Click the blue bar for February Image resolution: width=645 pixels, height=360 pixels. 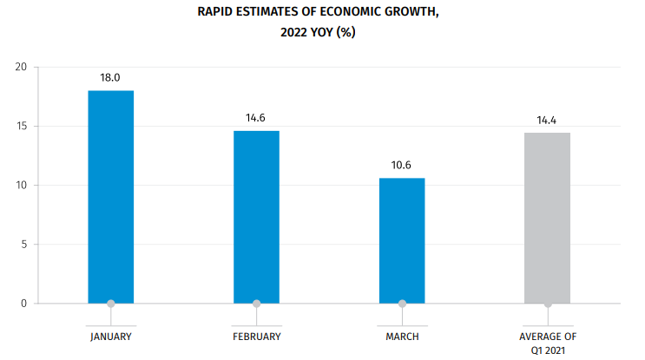tap(256, 217)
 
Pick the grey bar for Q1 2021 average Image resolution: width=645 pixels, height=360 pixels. tap(547, 218)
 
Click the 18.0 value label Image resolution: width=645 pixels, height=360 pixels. tap(110, 77)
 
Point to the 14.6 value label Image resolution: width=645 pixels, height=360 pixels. tap(256, 117)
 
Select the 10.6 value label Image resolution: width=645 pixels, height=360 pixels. tap(402, 164)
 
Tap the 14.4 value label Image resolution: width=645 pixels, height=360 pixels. tap(547, 120)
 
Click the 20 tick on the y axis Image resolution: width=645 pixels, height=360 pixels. tap(21, 68)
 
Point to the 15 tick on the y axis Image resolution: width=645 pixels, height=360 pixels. tap(21, 127)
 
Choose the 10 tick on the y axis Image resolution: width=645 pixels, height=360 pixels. tap(21, 186)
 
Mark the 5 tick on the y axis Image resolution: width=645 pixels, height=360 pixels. tap(23, 245)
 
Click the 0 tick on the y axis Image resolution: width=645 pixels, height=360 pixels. tap(23, 304)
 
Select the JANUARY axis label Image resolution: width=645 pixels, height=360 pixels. tap(110, 335)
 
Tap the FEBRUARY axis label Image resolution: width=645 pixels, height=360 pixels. tap(256, 335)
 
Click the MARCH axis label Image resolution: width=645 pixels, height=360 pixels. tap(402, 335)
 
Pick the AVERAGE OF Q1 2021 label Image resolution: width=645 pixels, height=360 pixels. tap(547, 341)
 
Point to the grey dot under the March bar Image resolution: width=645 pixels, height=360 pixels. tap(402, 304)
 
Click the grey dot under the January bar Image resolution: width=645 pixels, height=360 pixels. tap(110, 304)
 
